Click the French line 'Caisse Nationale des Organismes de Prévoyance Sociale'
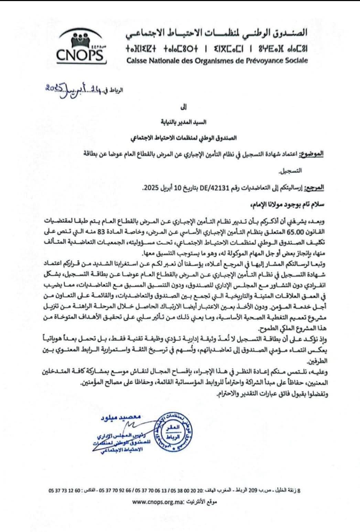click(217, 61)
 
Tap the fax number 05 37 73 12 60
click(64, 490)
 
